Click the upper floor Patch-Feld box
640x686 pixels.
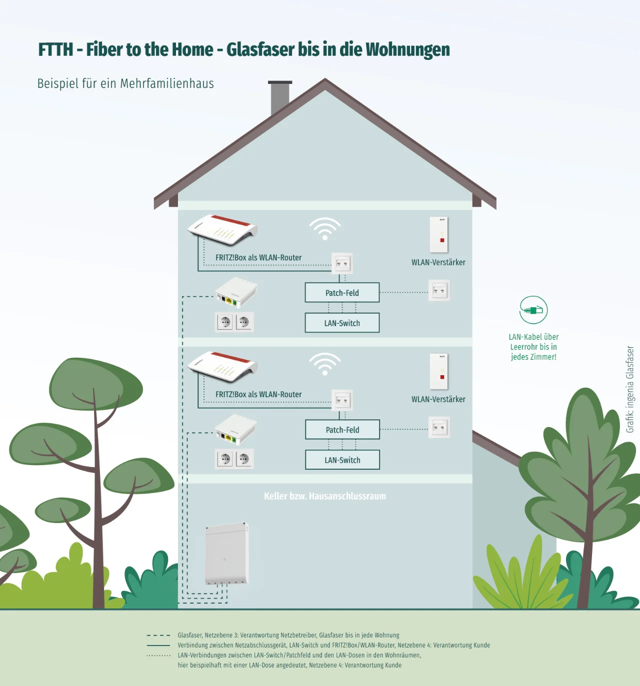coord(342,293)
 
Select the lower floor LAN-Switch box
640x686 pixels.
coord(342,460)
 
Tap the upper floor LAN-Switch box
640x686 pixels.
coord(342,323)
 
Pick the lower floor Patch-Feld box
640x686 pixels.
coord(342,430)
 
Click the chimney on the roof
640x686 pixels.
coord(280,97)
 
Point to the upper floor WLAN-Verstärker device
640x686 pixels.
coord(439,234)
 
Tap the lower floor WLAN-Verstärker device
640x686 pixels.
coord(439,371)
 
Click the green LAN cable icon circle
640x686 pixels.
coord(533,310)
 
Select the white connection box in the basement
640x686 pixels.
coord(227,554)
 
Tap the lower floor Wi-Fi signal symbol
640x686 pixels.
coord(325,364)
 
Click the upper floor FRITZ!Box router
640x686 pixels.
coord(222,230)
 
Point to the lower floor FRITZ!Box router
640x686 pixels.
coord(222,367)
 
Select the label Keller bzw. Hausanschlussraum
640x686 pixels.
coord(325,496)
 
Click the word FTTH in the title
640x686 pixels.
coord(55,50)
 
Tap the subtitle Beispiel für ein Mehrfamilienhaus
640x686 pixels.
coord(125,83)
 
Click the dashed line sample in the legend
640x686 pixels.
coord(158,636)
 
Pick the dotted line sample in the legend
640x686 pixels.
coord(158,656)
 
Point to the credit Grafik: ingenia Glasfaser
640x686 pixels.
coord(630,389)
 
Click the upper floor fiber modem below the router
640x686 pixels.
coord(236,293)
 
